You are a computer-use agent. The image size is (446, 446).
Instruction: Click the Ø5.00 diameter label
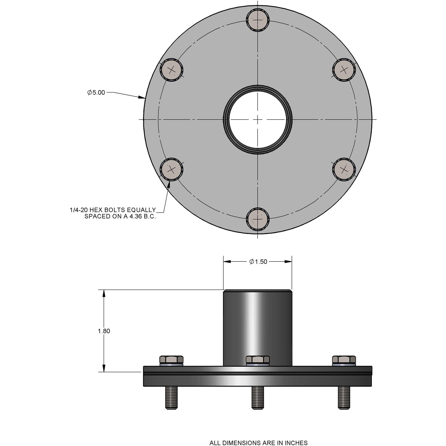click(x=96, y=92)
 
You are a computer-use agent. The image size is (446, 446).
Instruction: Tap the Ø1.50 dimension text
click(x=258, y=261)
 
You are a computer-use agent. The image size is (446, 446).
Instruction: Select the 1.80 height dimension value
click(x=104, y=331)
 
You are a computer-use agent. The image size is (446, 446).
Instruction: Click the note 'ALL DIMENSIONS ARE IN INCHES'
click(x=258, y=435)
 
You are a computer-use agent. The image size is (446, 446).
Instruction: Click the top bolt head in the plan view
click(x=258, y=20)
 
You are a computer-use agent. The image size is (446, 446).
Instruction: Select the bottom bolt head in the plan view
click(x=258, y=219)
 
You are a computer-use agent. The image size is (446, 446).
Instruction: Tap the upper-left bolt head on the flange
click(x=171, y=70)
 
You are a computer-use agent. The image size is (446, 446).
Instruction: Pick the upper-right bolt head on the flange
click(x=344, y=70)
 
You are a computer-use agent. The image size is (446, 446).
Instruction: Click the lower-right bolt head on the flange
click(x=344, y=169)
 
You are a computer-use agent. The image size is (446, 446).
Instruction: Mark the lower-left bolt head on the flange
click(x=171, y=169)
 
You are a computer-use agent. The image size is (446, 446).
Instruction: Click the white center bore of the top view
click(x=258, y=119)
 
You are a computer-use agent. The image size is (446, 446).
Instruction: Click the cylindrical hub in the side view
click(x=258, y=326)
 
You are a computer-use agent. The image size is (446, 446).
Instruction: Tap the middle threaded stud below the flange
click(x=258, y=397)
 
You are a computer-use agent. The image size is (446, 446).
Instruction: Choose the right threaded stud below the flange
click(x=344, y=397)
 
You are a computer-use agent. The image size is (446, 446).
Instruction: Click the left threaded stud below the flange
click(x=171, y=397)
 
